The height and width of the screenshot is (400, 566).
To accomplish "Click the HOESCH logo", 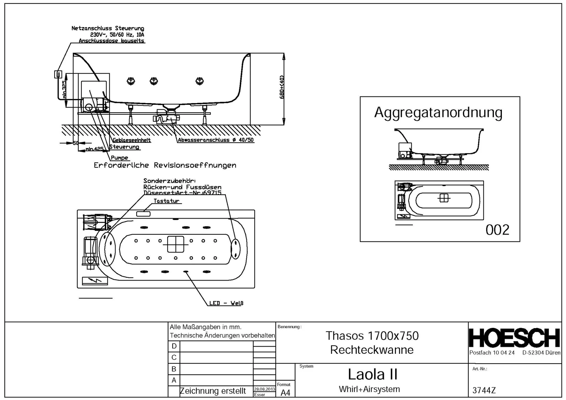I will [514, 338].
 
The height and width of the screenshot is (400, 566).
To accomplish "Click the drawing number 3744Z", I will [484, 390].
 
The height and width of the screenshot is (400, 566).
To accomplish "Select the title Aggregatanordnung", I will [438, 113].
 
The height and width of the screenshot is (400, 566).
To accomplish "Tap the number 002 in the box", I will [497, 230].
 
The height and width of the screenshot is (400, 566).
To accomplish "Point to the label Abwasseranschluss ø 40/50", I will [216, 140].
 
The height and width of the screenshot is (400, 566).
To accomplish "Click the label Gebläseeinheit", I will [132, 140].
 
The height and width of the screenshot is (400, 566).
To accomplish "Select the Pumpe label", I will [119, 158].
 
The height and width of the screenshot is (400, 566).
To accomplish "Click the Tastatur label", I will [166, 201].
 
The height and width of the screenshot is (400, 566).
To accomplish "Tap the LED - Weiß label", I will [226, 303].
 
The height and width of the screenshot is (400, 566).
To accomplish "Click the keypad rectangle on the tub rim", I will [143, 214].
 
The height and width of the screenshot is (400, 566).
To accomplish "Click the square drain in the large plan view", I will [175, 244].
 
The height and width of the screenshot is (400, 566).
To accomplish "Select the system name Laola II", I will [372, 374].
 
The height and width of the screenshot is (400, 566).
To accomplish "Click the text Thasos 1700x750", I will [372, 336].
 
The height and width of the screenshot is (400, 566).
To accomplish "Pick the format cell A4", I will [285, 393].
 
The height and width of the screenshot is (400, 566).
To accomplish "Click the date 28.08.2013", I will [264, 389].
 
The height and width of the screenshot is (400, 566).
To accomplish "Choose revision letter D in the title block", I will [174, 346].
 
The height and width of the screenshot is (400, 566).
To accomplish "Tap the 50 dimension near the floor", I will [75, 143].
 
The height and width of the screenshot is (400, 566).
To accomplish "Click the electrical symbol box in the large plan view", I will [95, 281].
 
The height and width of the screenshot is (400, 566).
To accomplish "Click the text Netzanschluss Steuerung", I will [108, 28].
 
